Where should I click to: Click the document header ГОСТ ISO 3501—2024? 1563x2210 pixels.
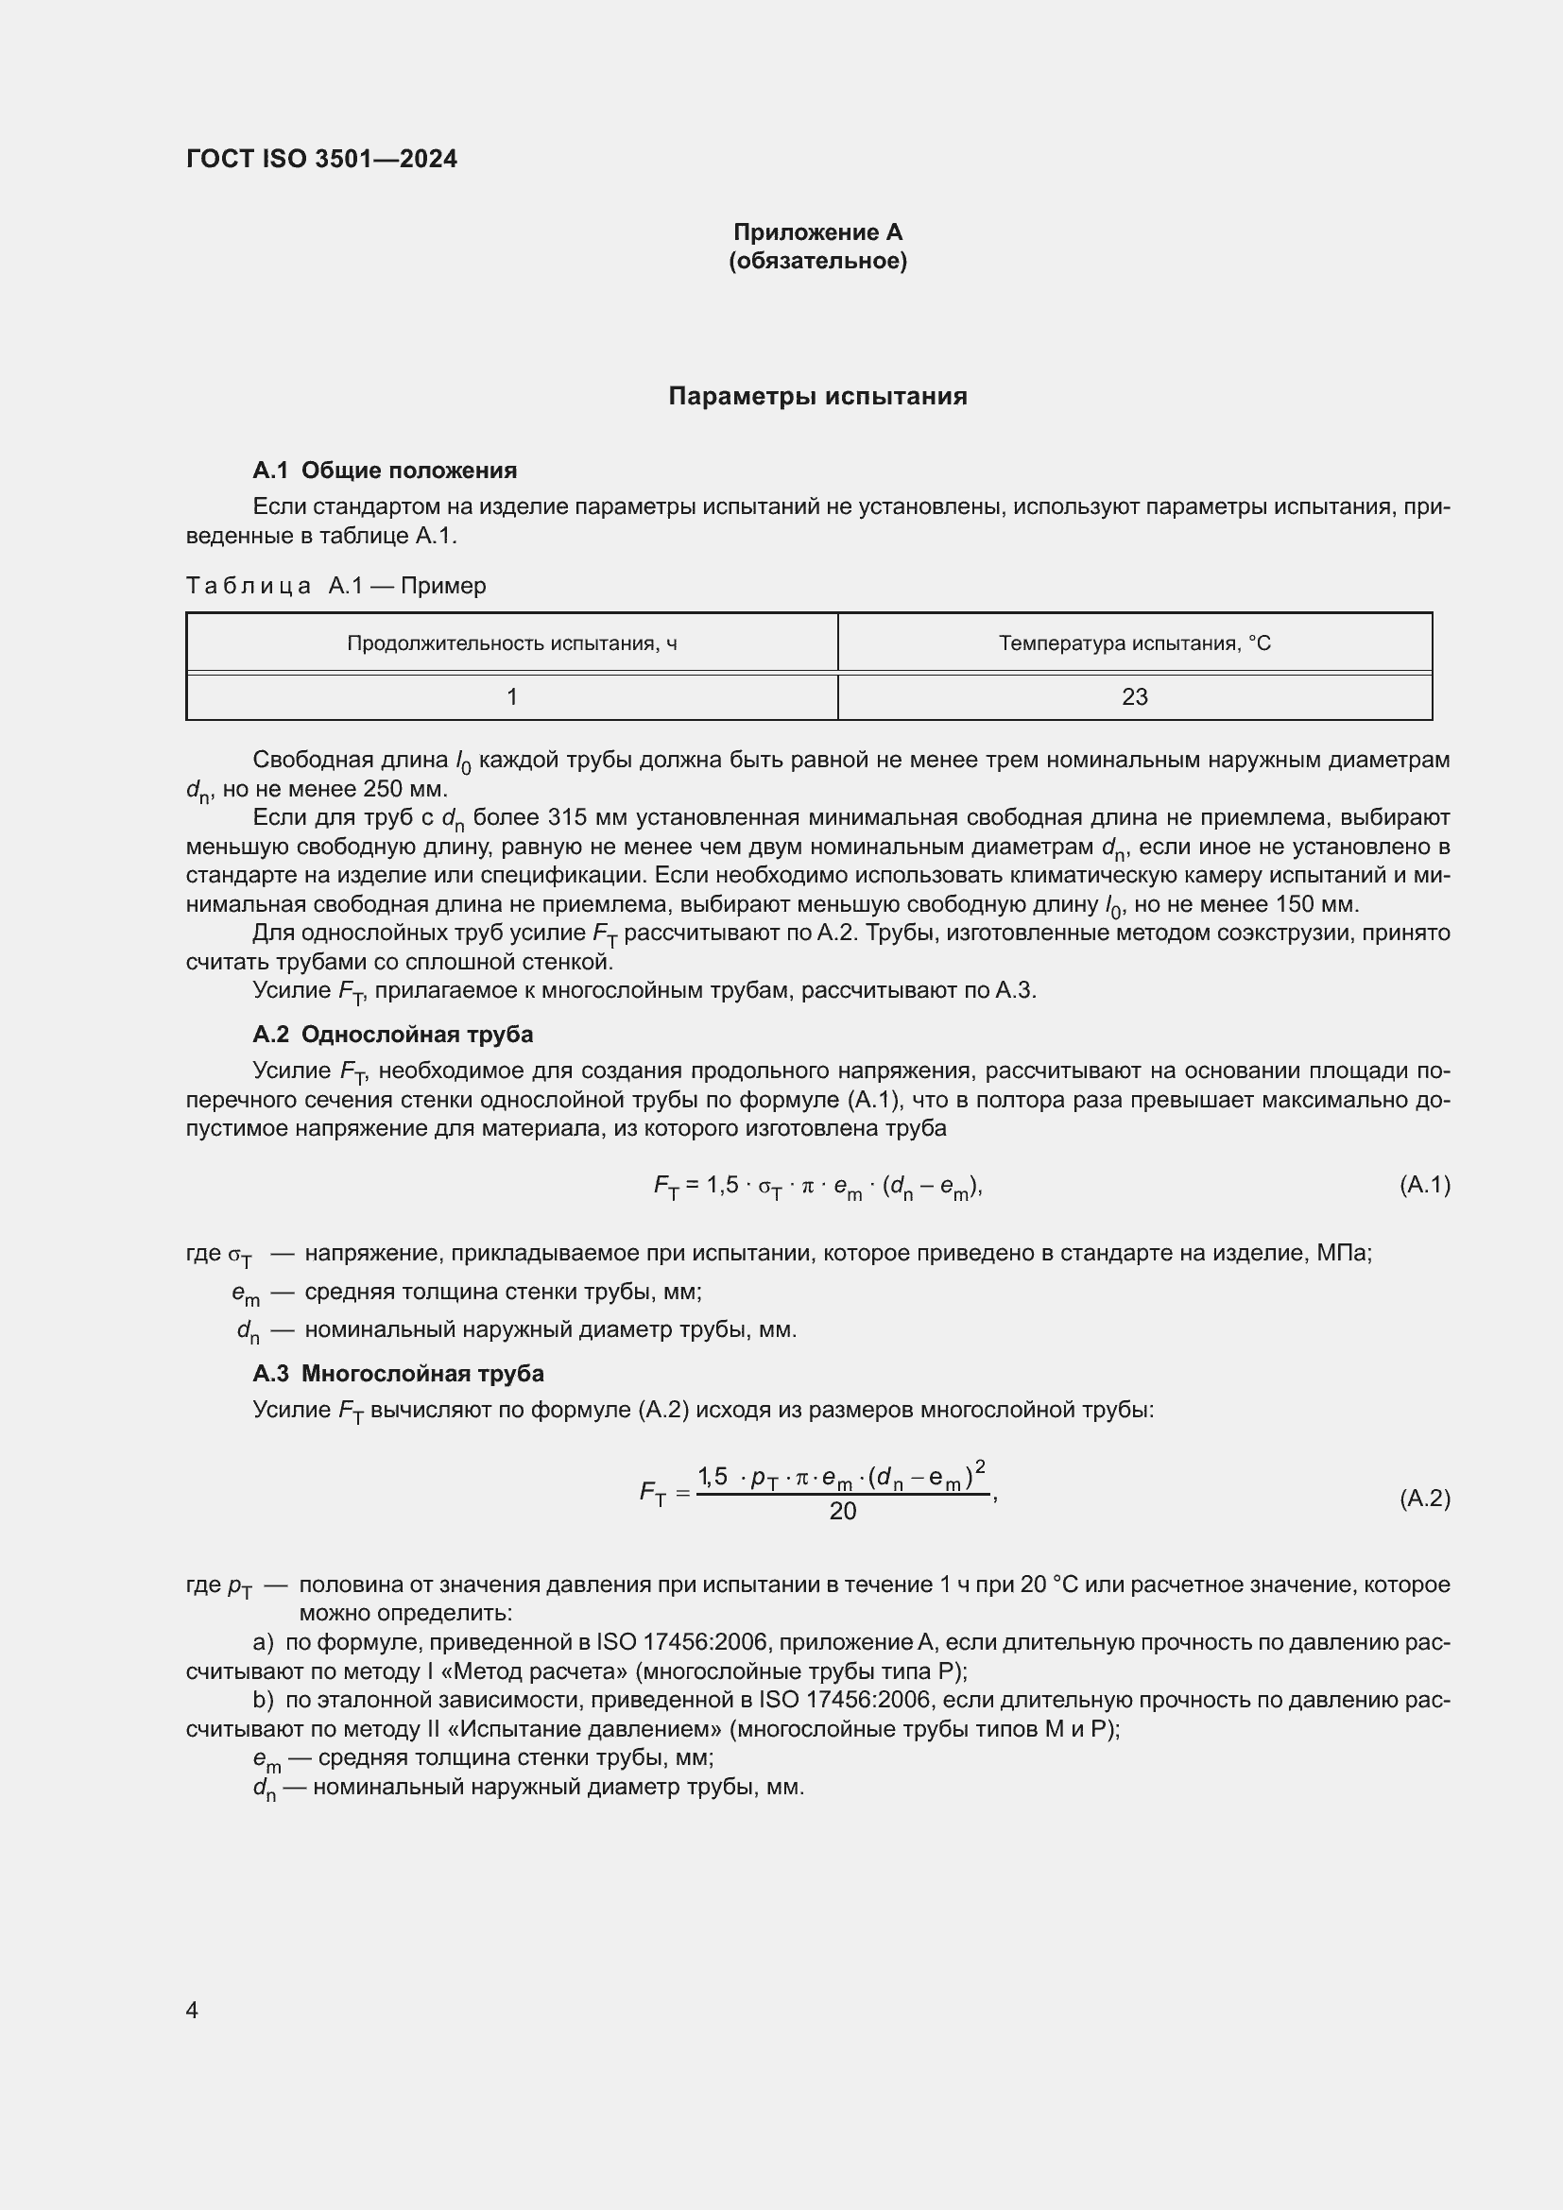point(321,159)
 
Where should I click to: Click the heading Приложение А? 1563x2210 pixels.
point(817,232)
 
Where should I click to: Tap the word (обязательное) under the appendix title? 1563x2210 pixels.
point(817,261)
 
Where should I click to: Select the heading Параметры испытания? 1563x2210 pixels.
point(817,397)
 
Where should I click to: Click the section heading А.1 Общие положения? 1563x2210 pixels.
point(384,471)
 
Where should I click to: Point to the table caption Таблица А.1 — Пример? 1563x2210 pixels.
point(335,585)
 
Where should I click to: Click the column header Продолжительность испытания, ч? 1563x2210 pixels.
point(511,643)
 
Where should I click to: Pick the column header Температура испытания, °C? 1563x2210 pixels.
point(1134,643)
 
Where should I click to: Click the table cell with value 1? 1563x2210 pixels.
point(512,697)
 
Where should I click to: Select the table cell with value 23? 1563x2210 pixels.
point(1134,697)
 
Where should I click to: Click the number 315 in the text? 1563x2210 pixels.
point(568,817)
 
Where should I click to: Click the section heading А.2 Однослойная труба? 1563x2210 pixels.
point(393,1035)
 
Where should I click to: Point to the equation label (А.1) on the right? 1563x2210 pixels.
point(1424,1185)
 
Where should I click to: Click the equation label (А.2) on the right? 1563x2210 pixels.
point(1424,1499)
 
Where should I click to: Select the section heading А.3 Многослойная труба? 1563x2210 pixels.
point(398,1374)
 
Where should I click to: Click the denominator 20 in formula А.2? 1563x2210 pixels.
point(842,1512)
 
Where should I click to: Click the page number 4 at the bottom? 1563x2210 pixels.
point(192,2011)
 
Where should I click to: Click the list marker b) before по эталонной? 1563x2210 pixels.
point(263,1701)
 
